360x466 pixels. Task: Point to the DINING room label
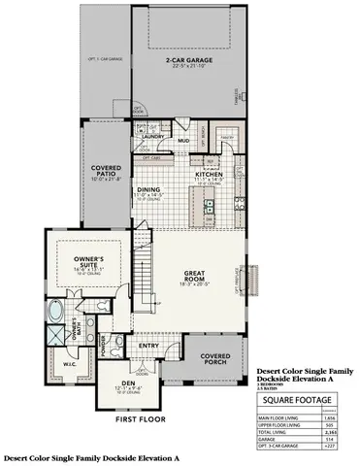coord(148,190)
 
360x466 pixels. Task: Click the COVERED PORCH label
coord(214,359)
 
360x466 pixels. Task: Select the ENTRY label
coord(148,345)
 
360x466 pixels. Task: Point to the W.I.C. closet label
coord(55,364)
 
